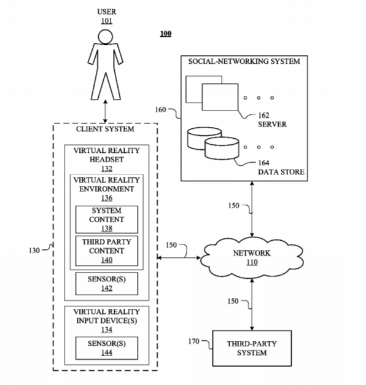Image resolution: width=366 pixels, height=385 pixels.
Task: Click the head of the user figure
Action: (106, 37)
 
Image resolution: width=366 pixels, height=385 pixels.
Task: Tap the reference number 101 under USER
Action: (107, 21)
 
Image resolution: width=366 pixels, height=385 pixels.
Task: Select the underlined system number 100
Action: (166, 33)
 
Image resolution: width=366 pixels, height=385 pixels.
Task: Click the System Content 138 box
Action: (107, 219)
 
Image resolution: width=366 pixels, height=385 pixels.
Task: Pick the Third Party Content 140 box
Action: (107, 251)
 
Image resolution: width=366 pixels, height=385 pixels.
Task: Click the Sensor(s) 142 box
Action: (107, 284)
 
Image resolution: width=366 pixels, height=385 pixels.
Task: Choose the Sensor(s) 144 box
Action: (107, 348)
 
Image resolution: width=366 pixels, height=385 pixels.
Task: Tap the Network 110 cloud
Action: (252, 257)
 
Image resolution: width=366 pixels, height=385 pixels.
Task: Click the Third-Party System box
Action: (252, 348)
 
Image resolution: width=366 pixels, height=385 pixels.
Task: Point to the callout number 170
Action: (194, 341)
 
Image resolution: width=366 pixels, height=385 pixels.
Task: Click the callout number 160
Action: (160, 109)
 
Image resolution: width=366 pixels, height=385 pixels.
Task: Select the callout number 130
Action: (34, 251)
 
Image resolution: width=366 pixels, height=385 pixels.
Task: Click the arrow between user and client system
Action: (106, 112)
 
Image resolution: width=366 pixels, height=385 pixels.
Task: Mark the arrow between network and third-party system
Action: (252, 305)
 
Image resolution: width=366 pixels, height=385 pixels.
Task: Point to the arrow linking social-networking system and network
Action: (252, 209)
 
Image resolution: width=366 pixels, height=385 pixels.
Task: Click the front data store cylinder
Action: (222, 149)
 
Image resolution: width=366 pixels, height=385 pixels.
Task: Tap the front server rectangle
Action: (220, 97)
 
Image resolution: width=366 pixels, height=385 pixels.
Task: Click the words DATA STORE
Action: (281, 172)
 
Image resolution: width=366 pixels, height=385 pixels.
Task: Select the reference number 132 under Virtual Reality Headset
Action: (107, 168)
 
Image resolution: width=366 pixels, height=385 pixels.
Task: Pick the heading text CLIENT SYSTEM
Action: (105, 129)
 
